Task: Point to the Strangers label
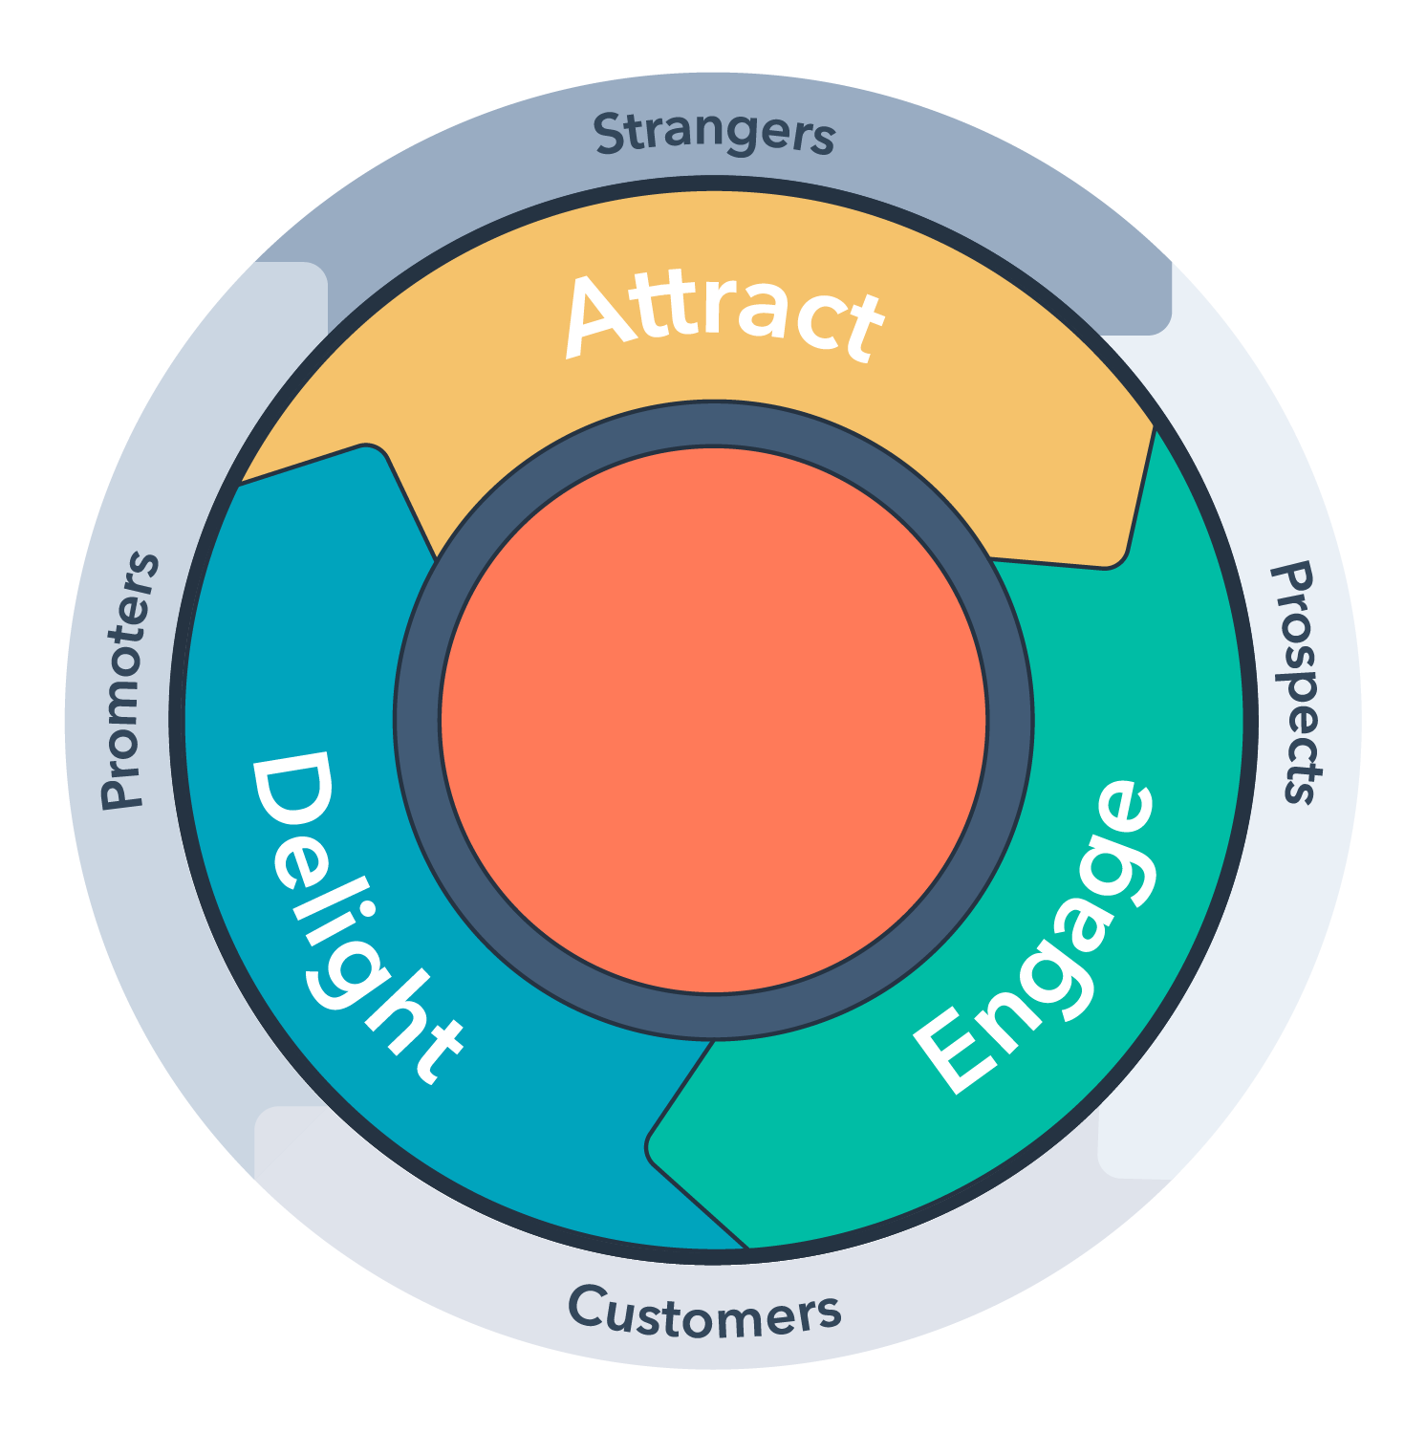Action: pyautogui.click(x=714, y=134)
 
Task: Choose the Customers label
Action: pyautogui.click(x=704, y=1314)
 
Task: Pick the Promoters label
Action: pyautogui.click(x=130, y=681)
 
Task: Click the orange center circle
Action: pyautogui.click(x=713, y=719)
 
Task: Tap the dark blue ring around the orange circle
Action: pyautogui.click(x=418, y=719)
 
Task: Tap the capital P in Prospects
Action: pyautogui.click(x=1291, y=580)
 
